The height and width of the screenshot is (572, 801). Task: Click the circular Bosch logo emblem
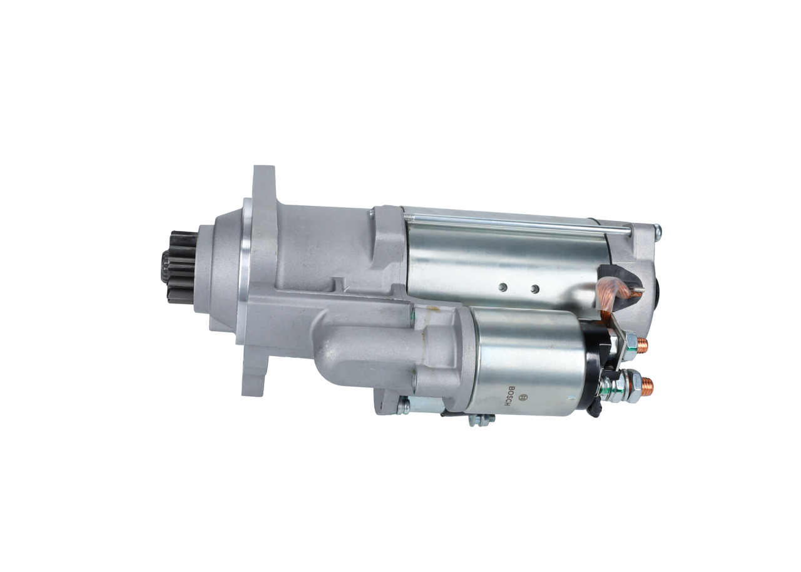[524, 397]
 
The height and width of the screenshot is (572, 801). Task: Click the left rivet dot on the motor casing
[503, 287]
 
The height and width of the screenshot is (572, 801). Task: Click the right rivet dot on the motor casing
[534, 287]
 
